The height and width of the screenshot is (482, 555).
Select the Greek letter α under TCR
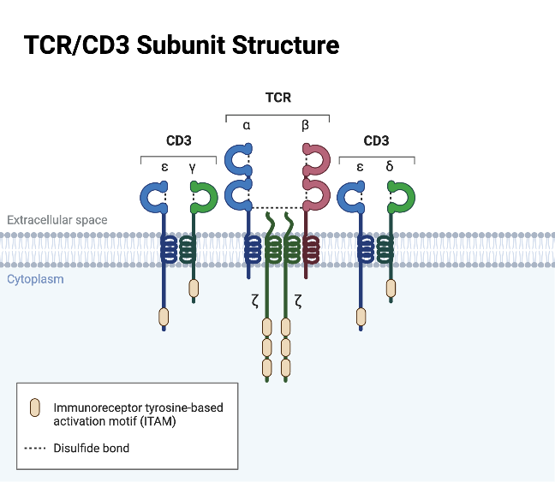coord(247,126)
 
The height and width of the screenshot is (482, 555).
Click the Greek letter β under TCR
coord(306,126)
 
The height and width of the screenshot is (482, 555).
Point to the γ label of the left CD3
coord(193,167)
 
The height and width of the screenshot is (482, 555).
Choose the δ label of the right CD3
coord(390,166)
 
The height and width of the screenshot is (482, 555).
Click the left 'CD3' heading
coord(178,140)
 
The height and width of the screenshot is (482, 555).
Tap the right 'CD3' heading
coord(376,140)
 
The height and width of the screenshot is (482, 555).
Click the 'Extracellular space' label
coord(57,220)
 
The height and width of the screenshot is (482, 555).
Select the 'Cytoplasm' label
coord(35,279)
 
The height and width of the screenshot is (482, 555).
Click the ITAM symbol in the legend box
coord(34,408)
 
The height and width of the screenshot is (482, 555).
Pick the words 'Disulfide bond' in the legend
coord(92,447)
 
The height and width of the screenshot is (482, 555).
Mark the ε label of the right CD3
coord(361,167)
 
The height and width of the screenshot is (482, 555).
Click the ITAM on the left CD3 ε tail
coord(164,317)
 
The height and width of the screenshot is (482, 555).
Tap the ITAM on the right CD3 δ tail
coord(391,289)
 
